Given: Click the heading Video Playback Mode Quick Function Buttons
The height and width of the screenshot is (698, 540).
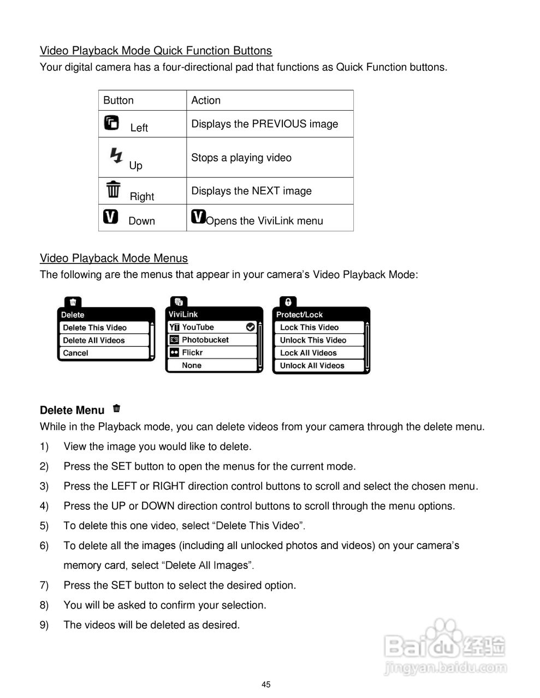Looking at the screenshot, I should point(156,51).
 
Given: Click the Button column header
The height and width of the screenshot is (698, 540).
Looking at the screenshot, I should point(118,100).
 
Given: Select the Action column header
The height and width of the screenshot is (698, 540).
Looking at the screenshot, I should point(206,100).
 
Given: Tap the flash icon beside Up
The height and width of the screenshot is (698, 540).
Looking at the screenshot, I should point(116,155).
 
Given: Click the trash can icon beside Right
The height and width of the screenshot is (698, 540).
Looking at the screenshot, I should point(114,189).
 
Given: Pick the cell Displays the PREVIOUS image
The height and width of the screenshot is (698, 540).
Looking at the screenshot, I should point(264,124).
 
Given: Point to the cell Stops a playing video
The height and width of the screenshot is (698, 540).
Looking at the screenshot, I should point(241,158).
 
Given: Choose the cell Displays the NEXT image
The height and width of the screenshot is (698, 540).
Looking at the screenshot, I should point(251,191).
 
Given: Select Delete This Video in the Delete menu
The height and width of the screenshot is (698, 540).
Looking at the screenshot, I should point(95,328).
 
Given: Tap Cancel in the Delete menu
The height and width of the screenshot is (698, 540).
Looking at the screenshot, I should point(76,353).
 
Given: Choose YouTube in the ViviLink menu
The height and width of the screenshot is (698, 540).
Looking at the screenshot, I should point(198,327).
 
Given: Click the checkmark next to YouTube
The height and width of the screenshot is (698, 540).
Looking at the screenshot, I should point(251,327).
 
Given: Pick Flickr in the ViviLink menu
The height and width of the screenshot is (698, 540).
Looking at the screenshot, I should point(192,352).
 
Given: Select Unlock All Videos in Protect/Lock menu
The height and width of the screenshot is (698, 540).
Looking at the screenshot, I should point(312,365).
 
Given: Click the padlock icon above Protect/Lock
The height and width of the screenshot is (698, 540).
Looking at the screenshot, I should point(288,302).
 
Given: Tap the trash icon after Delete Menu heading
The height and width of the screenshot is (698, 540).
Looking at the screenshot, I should point(116,408).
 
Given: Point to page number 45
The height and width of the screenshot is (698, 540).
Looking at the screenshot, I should point(266,684).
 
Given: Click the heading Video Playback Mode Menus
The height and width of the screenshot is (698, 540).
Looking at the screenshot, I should point(114,258).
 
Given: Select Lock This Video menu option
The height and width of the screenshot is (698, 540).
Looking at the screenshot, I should point(310,327).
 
